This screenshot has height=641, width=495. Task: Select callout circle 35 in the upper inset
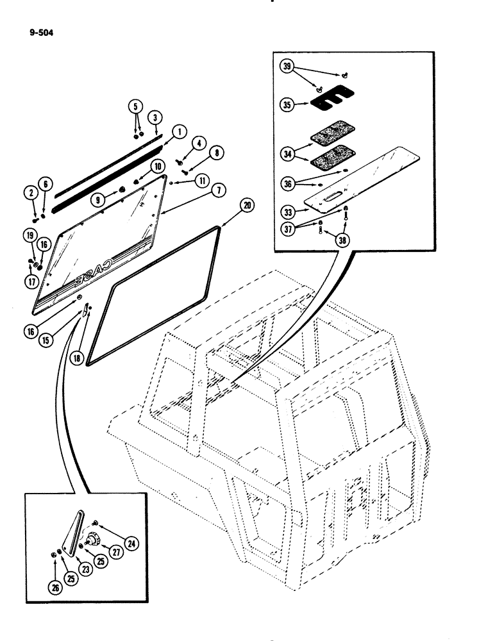pyautogui.click(x=287, y=104)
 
